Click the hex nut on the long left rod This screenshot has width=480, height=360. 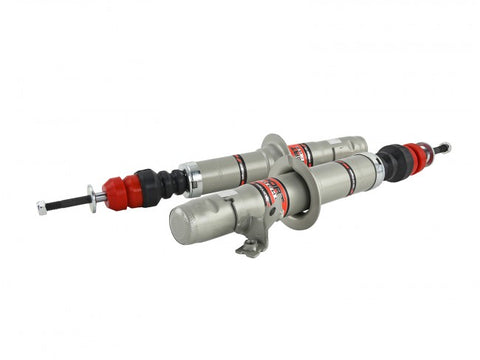[x=42, y=208]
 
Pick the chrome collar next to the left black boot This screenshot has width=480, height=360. [x=194, y=179]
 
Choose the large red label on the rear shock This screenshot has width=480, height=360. [x=299, y=152]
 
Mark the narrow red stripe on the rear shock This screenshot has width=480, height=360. [x=240, y=167]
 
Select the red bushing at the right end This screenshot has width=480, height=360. [x=414, y=156]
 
